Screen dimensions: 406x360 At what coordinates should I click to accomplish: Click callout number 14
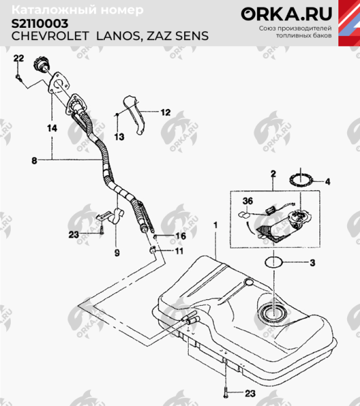[51, 127]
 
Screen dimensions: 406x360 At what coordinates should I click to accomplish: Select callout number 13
[120, 137]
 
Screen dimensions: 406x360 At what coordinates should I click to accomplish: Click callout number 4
[327, 181]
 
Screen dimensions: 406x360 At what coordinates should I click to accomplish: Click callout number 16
[180, 236]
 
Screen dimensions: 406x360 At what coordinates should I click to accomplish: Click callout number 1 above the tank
[215, 223]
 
